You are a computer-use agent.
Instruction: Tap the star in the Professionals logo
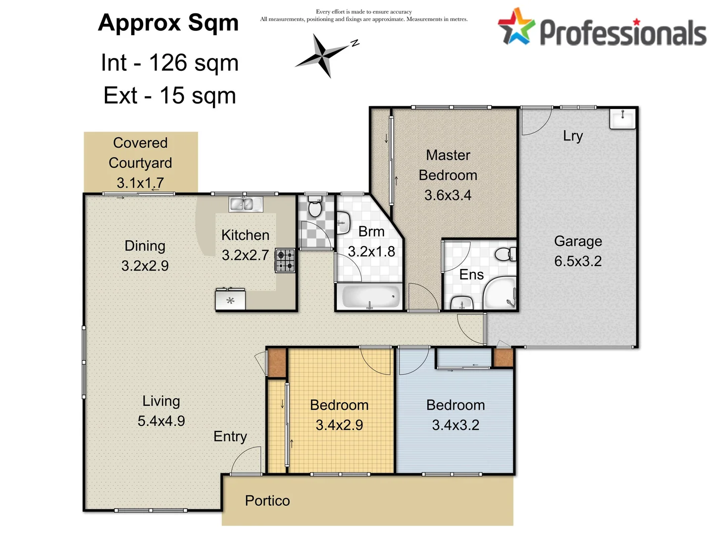click(x=516, y=27)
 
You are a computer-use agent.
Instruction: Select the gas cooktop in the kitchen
click(x=285, y=261)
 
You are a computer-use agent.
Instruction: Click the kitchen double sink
click(x=246, y=204)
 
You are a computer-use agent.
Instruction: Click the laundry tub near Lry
click(x=622, y=119)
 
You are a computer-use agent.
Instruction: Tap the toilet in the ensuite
click(x=505, y=255)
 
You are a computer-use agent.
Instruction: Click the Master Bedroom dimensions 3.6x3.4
click(x=448, y=195)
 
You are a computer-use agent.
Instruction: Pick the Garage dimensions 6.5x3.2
click(x=578, y=261)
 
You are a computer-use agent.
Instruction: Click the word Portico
click(x=267, y=500)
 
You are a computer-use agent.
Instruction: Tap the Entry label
click(x=230, y=436)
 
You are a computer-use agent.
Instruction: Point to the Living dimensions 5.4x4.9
click(x=161, y=421)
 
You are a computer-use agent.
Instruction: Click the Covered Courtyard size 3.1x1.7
click(x=140, y=183)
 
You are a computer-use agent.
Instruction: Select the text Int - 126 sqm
click(x=169, y=63)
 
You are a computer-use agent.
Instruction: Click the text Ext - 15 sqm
click(x=169, y=96)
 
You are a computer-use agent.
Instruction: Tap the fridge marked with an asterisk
click(x=230, y=300)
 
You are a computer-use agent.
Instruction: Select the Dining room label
click(x=145, y=246)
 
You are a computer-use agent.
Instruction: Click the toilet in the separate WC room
click(x=314, y=207)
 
